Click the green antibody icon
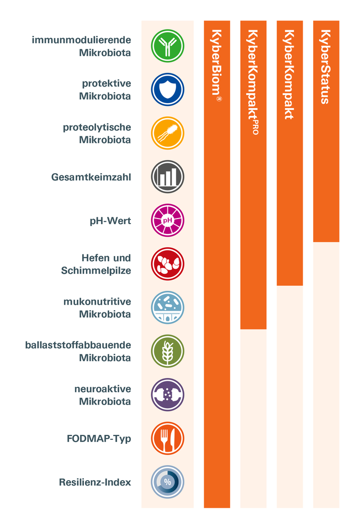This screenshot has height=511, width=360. pyautogui.click(x=167, y=46)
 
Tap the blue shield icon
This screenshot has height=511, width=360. pyautogui.click(x=167, y=89)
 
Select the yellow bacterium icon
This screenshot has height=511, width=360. pyautogui.click(x=167, y=133)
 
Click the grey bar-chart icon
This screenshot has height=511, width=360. pyautogui.click(x=167, y=177)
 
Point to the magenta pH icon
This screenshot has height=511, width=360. pyautogui.click(x=167, y=221)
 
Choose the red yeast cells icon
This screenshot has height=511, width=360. pyautogui.click(x=167, y=264)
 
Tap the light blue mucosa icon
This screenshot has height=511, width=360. pyautogui.click(x=167, y=308)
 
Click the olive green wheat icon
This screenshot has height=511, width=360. pyautogui.click(x=167, y=352)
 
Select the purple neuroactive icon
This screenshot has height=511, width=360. pyautogui.click(x=167, y=395)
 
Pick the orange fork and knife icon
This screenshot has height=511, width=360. pyautogui.click(x=167, y=439)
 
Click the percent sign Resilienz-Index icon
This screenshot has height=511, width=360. pyautogui.click(x=167, y=482)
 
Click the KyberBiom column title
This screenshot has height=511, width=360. pyautogui.click(x=217, y=66)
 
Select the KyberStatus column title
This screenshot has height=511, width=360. pyautogui.click(x=326, y=66)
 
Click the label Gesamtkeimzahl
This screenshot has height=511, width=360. pyautogui.click(x=91, y=177)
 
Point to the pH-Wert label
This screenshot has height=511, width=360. pyautogui.click(x=110, y=221)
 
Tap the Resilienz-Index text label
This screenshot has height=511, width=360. pyautogui.click(x=95, y=482)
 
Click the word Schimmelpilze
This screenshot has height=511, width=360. pyautogui.click(x=96, y=271)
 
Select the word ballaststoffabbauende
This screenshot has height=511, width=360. pyautogui.click(x=78, y=345)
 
